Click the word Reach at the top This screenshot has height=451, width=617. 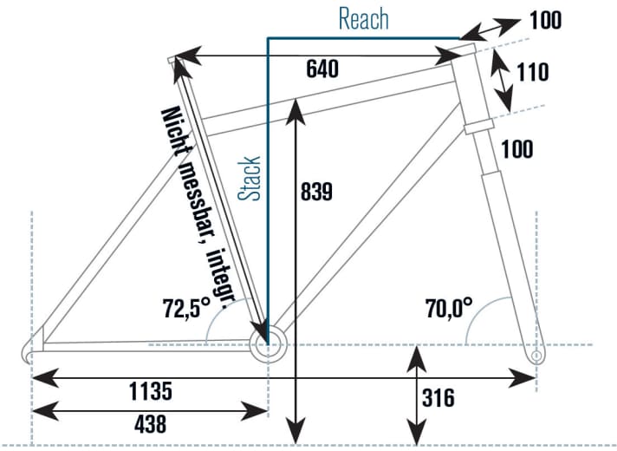(363, 18)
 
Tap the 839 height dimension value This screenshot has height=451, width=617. (315, 192)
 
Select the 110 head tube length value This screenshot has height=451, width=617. (530, 73)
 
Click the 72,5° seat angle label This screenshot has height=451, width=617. (185, 306)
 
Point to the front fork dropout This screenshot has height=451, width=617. (536, 355)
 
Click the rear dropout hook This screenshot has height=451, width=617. (30, 350)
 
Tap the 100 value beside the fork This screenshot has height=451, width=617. (517, 149)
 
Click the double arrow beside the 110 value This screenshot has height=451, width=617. (500, 78)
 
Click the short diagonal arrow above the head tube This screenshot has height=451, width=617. (491, 27)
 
